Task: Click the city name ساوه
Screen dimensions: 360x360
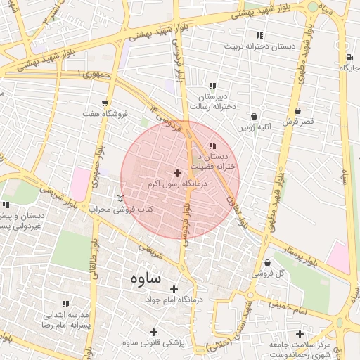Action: click(146, 278)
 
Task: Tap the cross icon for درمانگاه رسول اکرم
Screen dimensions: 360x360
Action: click(176, 172)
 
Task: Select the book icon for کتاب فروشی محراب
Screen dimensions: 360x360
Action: click(120, 199)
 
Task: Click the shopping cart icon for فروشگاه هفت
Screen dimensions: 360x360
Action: click(105, 103)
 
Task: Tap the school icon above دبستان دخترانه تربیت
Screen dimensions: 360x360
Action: click(259, 36)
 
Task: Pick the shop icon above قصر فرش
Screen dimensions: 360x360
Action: click(298, 111)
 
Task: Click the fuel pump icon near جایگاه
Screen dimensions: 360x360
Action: click(348, 58)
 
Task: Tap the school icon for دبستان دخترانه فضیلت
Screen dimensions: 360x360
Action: click(212, 146)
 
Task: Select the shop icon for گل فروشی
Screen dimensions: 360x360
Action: click(267, 263)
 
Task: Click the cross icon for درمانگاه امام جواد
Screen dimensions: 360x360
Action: click(174, 289)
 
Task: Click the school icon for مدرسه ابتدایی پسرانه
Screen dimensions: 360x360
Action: click(65, 304)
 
